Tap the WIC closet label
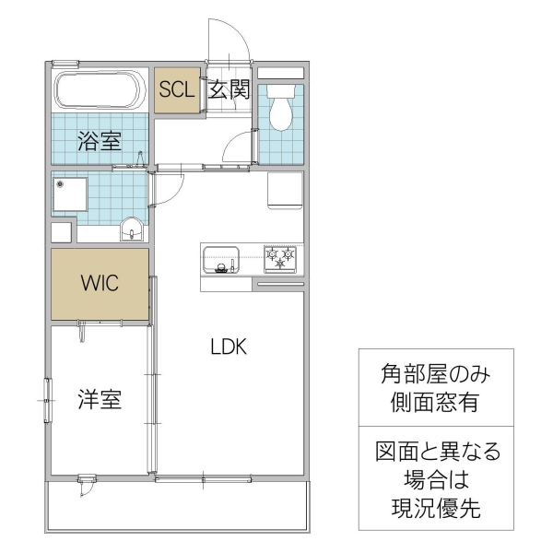(x=99, y=283)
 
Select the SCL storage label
(x=175, y=89)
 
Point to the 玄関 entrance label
(x=229, y=89)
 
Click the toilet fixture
(x=280, y=106)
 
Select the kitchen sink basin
(x=221, y=258)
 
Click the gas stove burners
(x=281, y=258)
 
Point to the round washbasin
(x=133, y=228)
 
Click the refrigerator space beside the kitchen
(x=285, y=191)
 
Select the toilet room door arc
(x=241, y=146)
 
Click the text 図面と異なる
(x=437, y=452)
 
